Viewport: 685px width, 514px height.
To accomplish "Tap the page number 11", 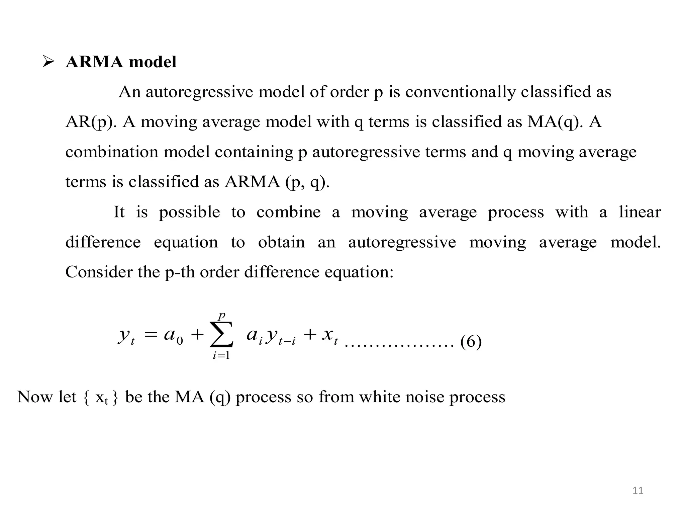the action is click(638, 491).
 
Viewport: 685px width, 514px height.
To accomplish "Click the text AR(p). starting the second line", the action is click(91, 122).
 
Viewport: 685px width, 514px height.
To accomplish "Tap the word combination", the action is click(112, 152).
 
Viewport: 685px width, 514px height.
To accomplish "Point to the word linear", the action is click(640, 212).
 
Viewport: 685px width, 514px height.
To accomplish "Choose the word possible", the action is click(189, 212).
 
